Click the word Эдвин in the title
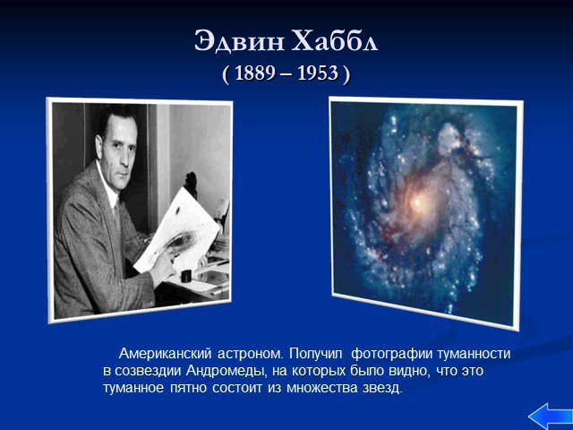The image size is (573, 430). [239, 40]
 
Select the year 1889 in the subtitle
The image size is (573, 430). [254, 73]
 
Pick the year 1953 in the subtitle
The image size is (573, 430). [318, 73]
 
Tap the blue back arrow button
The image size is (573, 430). [551, 417]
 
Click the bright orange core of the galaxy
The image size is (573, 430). [416, 202]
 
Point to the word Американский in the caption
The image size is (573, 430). [165, 354]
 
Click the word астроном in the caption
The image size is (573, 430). [250, 355]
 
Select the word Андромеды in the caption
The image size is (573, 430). [226, 371]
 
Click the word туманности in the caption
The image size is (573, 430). [474, 354]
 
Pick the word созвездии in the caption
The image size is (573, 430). [148, 371]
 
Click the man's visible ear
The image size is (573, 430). [98, 145]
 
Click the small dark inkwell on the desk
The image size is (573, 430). [186, 276]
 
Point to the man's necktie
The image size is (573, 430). [117, 223]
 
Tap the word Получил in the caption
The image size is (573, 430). [316, 354]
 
